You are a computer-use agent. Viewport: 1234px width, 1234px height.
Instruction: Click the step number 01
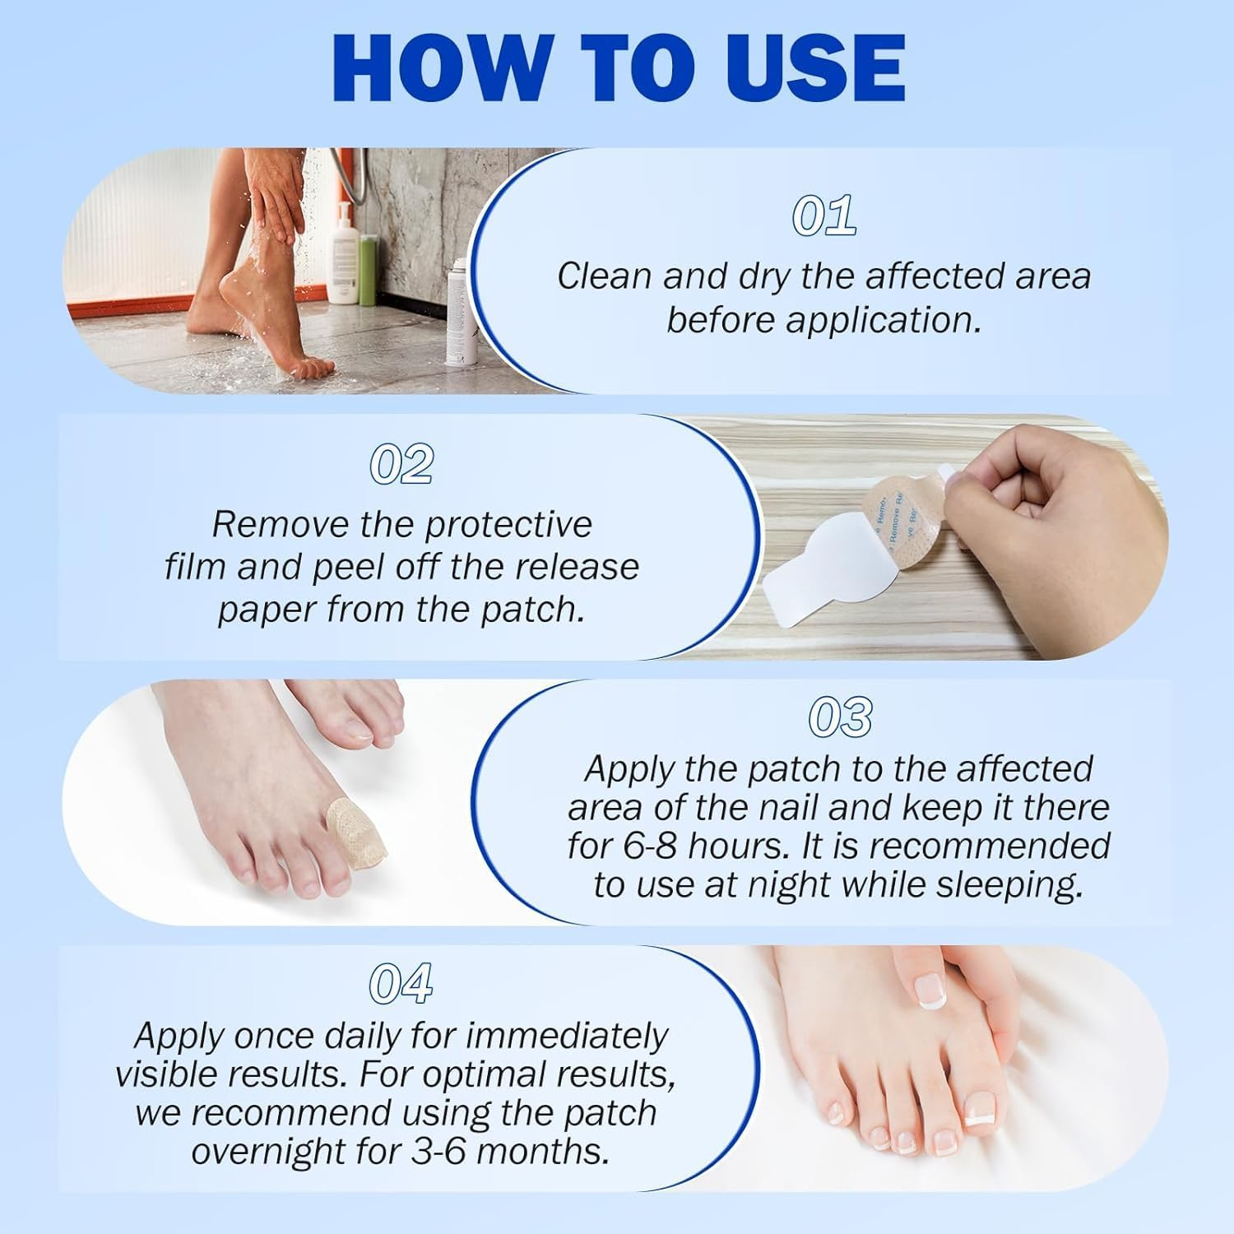[x=823, y=216]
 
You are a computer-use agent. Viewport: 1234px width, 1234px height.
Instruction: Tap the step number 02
[x=401, y=465]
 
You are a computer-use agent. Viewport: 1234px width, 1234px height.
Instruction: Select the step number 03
[x=839, y=717]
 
